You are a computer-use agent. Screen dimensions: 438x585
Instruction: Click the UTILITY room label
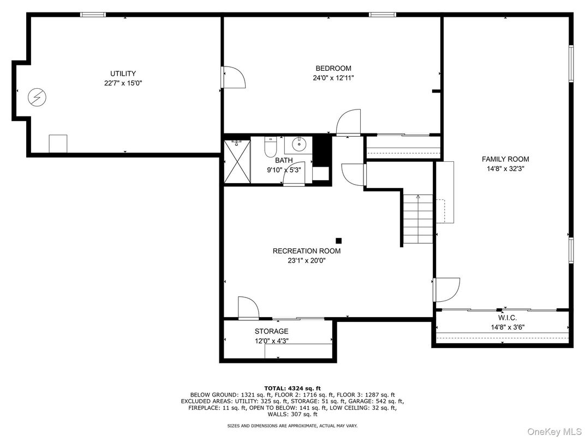click(123, 74)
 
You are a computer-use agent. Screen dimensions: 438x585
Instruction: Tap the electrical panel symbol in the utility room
click(37, 98)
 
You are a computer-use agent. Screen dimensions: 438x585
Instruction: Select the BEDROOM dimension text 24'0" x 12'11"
click(333, 78)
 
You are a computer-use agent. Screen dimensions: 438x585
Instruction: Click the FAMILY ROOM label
click(505, 159)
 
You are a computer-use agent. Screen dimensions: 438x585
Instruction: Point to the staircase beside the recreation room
click(418, 220)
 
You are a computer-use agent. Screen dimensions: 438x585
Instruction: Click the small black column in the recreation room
click(338, 240)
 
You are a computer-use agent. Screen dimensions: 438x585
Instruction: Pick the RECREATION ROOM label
click(306, 251)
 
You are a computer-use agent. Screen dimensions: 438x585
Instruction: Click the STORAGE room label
click(271, 331)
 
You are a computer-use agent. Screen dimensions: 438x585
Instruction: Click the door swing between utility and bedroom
click(233, 77)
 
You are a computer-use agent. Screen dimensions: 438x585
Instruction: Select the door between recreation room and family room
click(446, 289)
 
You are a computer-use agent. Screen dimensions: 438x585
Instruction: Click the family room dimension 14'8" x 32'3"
click(505, 169)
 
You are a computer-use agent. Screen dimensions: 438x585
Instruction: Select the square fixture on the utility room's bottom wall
click(57, 143)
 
